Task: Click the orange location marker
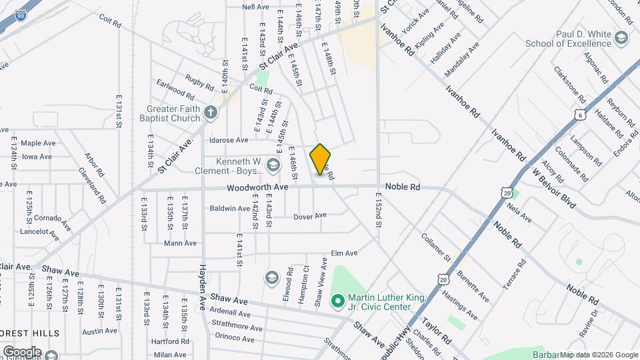pos(321,159)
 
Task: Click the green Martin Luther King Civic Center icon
pos(337,302)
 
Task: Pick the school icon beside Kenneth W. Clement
pos(273,165)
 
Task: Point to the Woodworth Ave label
pos(257,188)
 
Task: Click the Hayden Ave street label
pos(203,287)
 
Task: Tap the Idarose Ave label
pos(229,141)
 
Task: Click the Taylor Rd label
pos(436,331)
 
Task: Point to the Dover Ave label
pos(310,216)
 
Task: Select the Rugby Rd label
pos(199,81)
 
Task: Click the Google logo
pos(21,351)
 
